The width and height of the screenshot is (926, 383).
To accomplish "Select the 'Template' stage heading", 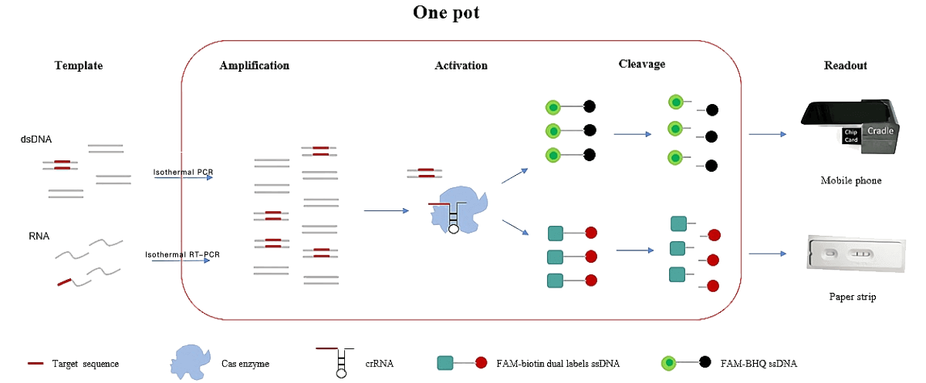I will click(x=78, y=66).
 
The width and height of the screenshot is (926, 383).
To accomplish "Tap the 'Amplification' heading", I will click(x=254, y=66).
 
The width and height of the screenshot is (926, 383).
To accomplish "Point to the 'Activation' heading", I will click(x=461, y=66).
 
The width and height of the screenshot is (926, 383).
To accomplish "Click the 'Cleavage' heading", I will click(x=642, y=64).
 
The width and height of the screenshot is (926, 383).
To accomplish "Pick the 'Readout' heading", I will click(x=845, y=66).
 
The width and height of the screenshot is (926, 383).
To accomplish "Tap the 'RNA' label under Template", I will click(x=37, y=235).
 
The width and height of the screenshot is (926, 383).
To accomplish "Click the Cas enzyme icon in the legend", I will click(x=191, y=361).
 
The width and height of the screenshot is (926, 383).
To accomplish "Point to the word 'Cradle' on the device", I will click(x=880, y=131).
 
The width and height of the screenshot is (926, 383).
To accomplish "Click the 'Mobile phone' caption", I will click(x=850, y=181).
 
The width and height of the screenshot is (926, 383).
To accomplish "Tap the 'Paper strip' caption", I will click(x=852, y=296).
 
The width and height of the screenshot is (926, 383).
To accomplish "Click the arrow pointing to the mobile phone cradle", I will click(x=767, y=134).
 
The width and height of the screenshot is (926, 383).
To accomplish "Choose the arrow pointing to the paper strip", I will click(x=767, y=254).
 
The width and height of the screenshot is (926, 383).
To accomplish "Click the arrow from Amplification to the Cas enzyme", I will click(x=385, y=210).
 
